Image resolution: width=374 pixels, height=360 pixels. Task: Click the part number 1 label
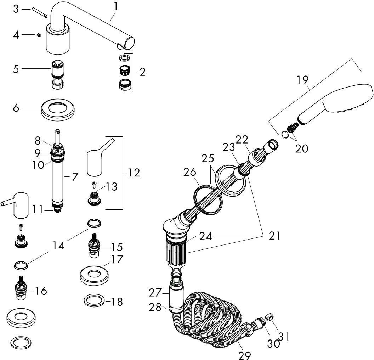pyautogui.click(x=116, y=6)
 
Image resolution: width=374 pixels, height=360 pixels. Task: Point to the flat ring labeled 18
pyautogui.click(x=95, y=301)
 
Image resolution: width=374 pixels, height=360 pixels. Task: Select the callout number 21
pyautogui.click(x=274, y=236)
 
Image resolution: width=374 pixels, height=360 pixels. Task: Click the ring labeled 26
pyautogui.click(x=206, y=200)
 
